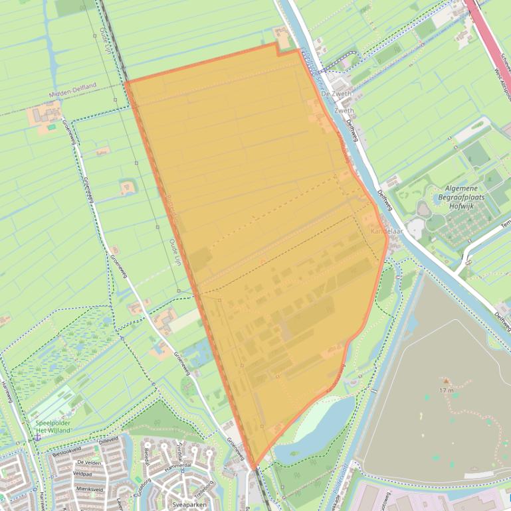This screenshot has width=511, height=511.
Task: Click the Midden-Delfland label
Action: pyautogui.click(x=72, y=96)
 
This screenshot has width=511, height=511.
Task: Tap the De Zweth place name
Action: pyautogui.click(x=336, y=95)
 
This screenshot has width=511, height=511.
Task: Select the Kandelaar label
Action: pyautogui.click(x=387, y=231)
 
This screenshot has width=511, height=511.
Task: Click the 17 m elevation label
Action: pyautogui.click(x=446, y=391)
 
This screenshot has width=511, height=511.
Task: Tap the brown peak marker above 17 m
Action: pyautogui.click(x=445, y=382)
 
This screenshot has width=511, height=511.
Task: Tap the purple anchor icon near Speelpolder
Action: pyautogui.click(x=38, y=437)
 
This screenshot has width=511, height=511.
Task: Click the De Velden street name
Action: pyautogui.click(x=89, y=462)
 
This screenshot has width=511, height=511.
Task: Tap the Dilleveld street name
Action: pyautogui.click(x=108, y=440)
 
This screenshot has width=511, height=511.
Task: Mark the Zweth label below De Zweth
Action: pyautogui.click(x=345, y=111)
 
